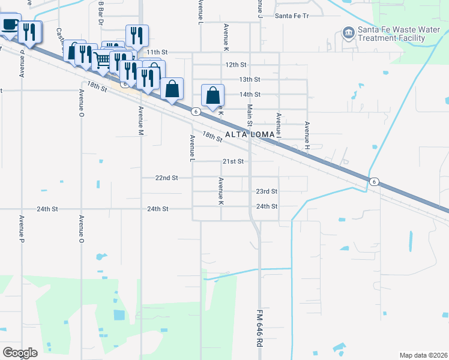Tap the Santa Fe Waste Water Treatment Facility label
[391, 34]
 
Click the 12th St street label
[236, 64]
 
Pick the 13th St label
[249, 79]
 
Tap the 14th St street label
[250, 94]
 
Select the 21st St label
[233, 161]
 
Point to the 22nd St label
[166, 178]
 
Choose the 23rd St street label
[267, 191]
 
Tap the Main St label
[250, 115]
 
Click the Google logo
[20, 353]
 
